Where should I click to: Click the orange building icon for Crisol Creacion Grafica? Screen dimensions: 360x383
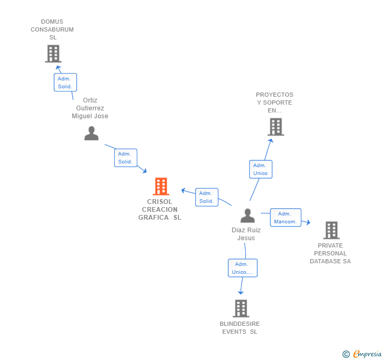pos(160,187)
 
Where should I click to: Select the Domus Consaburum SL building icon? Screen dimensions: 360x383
pos(53,54)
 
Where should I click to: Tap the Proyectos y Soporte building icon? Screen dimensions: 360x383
pos(275,127)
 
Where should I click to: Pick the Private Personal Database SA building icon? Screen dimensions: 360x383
pos(331,230)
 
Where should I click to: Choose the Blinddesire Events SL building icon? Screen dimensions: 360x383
pos(240,308)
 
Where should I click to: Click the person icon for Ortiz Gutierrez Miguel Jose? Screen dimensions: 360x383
pos(92,133)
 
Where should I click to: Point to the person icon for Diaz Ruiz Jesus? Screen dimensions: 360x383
pos(247,215)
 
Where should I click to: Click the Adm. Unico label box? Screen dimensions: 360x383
pos(260,169)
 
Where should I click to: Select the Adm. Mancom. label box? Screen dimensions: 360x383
pos(285,218)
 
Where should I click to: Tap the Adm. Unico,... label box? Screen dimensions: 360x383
pos(243,268)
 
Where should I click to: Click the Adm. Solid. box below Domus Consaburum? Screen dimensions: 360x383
pos(65,83)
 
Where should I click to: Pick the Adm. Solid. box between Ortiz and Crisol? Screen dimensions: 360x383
pos(126,158)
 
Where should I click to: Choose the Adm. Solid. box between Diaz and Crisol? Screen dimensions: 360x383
pos(206,197)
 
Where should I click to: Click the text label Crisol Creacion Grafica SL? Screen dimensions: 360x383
pos(159,210)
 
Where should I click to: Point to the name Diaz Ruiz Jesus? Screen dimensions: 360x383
pos(246,234)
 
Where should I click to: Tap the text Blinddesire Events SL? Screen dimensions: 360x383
pos(240,328)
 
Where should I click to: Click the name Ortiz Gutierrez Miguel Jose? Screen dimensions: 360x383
pos(90,108)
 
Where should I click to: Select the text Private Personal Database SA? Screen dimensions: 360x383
pos(330,253)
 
